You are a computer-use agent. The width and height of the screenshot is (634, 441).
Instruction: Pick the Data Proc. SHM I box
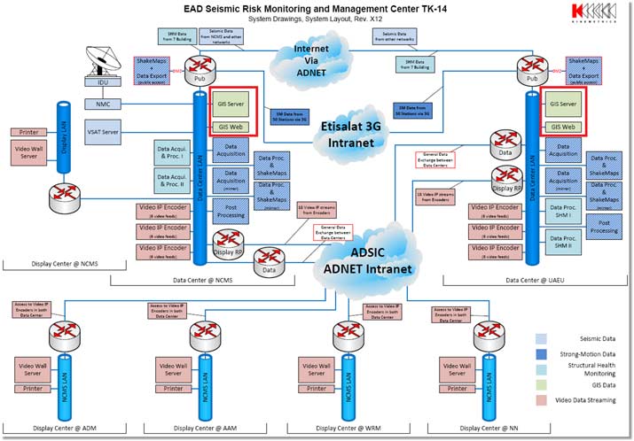[x=560, y=214]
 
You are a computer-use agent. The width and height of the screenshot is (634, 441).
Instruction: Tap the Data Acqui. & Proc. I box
[x=171, y=151]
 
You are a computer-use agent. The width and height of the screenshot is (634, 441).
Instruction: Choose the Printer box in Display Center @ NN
[x=458, y=388]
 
